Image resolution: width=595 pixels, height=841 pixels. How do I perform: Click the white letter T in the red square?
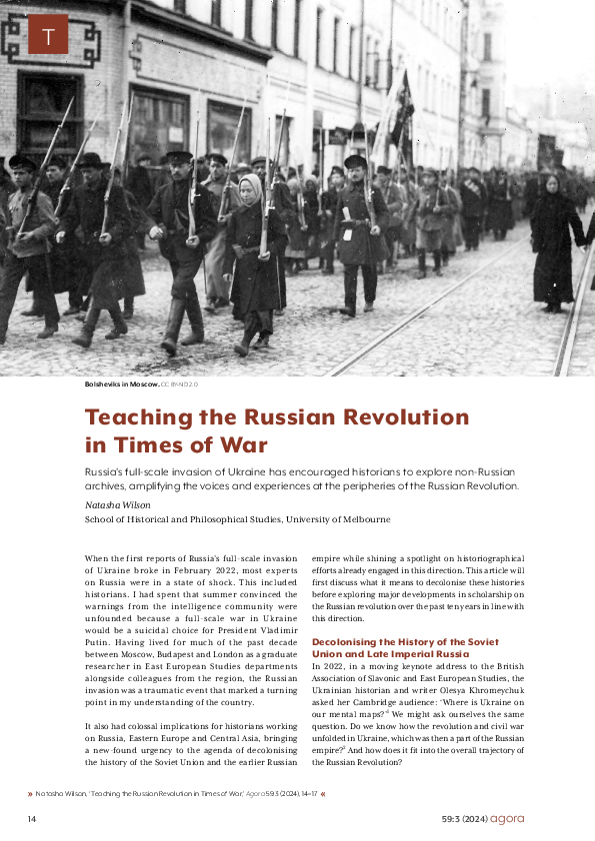pyautogui.click(x=48, y=38)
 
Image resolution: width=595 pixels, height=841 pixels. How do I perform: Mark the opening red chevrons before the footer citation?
pyautogui.click(x=30, y=794)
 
